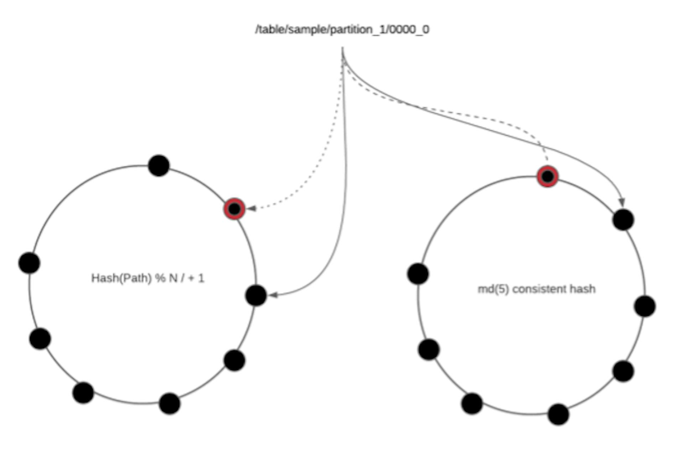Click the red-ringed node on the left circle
(x=234, y=209)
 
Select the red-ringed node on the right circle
(x=548, y=176)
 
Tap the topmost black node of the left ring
(x=159, y=165)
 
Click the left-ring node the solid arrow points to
(x=256, y=295)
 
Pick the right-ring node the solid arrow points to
(x=623, y=219)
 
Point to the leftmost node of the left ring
(x=29, y=263)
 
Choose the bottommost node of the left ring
(x=170, y=403)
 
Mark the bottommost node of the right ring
(x=558, y=414)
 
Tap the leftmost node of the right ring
(x=418, y=274)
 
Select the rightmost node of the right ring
(x=645, y=306)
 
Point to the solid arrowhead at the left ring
(x=273, y=295)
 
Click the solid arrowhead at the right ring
(x=622, y=202)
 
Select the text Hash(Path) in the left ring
(x=121, y=278)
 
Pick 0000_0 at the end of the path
(x=409, y=29)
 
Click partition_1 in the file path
(x=357, y=30)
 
